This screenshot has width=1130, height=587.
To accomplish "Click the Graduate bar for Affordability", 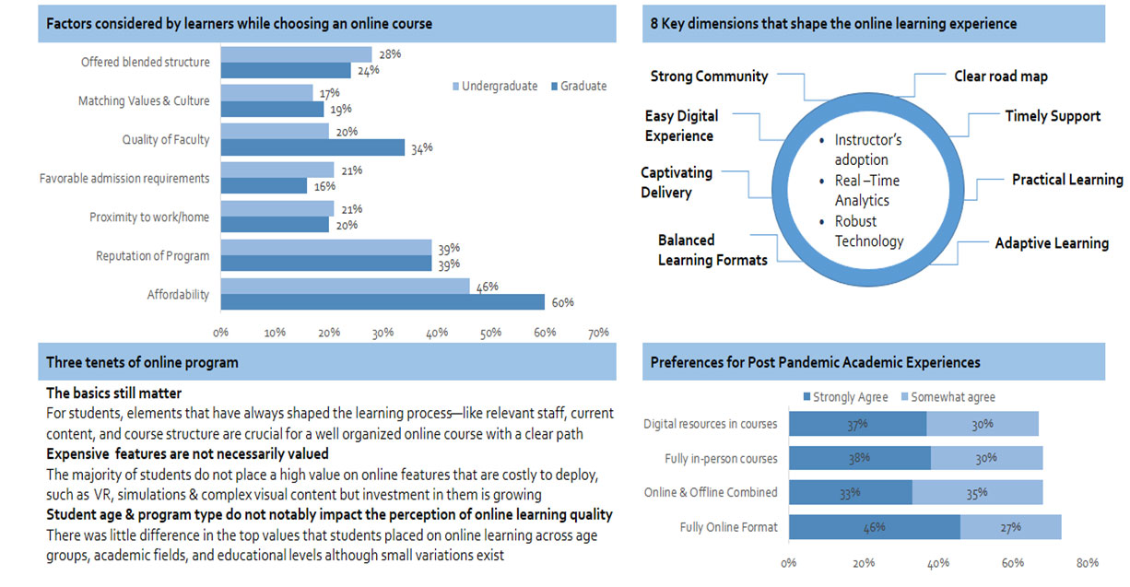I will click(x=383, y=302).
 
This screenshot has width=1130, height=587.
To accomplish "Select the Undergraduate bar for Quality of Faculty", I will click(x=275, y=131).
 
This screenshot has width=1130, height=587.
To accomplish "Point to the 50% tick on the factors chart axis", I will click(x=490, y=333).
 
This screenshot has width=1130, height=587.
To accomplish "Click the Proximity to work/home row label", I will click(x=149, y=217).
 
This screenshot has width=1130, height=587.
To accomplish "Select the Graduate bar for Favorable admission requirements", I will click(x=264, y=186).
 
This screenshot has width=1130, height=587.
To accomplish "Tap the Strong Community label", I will click(x=709, y=76).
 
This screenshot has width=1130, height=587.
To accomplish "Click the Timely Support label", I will click(x=1052, y=116).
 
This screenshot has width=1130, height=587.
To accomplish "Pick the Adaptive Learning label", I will click(x=1051, y=243).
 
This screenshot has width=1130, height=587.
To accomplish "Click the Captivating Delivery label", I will click(x=677, y=182).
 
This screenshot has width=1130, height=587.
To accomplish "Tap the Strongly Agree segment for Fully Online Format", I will click(x=874, y=527).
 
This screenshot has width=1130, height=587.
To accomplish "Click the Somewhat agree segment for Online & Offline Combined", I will click(x=977, y=492).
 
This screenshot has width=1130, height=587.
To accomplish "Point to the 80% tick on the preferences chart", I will click(x=1088, y=563).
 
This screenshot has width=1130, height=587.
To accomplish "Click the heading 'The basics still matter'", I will click(x=114, y=393).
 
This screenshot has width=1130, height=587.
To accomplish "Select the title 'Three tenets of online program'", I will click(x=143, y=363).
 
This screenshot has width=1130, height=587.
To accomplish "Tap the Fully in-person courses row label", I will click(x=721, y=458).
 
